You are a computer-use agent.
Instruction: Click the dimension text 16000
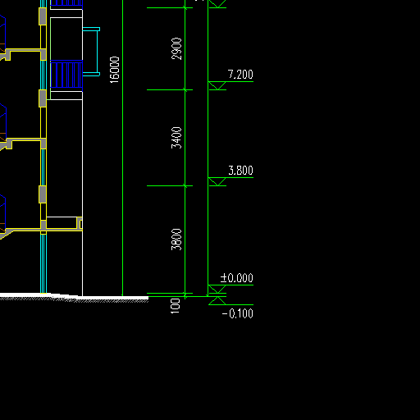point(115,70)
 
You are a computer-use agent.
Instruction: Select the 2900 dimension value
point(176,48)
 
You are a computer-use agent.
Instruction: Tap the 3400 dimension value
point(176,138)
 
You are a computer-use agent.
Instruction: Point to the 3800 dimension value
point(176,240)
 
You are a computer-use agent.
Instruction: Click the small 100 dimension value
point(176,306)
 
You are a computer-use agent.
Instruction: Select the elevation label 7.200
point(240,75)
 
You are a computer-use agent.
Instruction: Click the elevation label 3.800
point(240,171)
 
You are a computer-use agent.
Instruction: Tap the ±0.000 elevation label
point(237,278)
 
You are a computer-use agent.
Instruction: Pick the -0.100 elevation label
point(238,313)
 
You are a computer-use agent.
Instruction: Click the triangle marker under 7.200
point(217,85)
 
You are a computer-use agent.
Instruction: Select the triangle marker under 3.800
point(217,181)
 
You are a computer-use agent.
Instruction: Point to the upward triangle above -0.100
point(217,300)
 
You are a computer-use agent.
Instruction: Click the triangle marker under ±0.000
point(217,289)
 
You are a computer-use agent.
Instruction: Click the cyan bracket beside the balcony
point(97,52)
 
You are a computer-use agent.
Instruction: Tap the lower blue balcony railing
point(66,75)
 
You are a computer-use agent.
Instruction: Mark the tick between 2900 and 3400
point(185,89)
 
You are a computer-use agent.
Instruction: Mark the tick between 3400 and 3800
point(185,186)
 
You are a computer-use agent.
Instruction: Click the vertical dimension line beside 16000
point(122,148)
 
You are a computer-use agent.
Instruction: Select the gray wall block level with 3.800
point(43,194)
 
